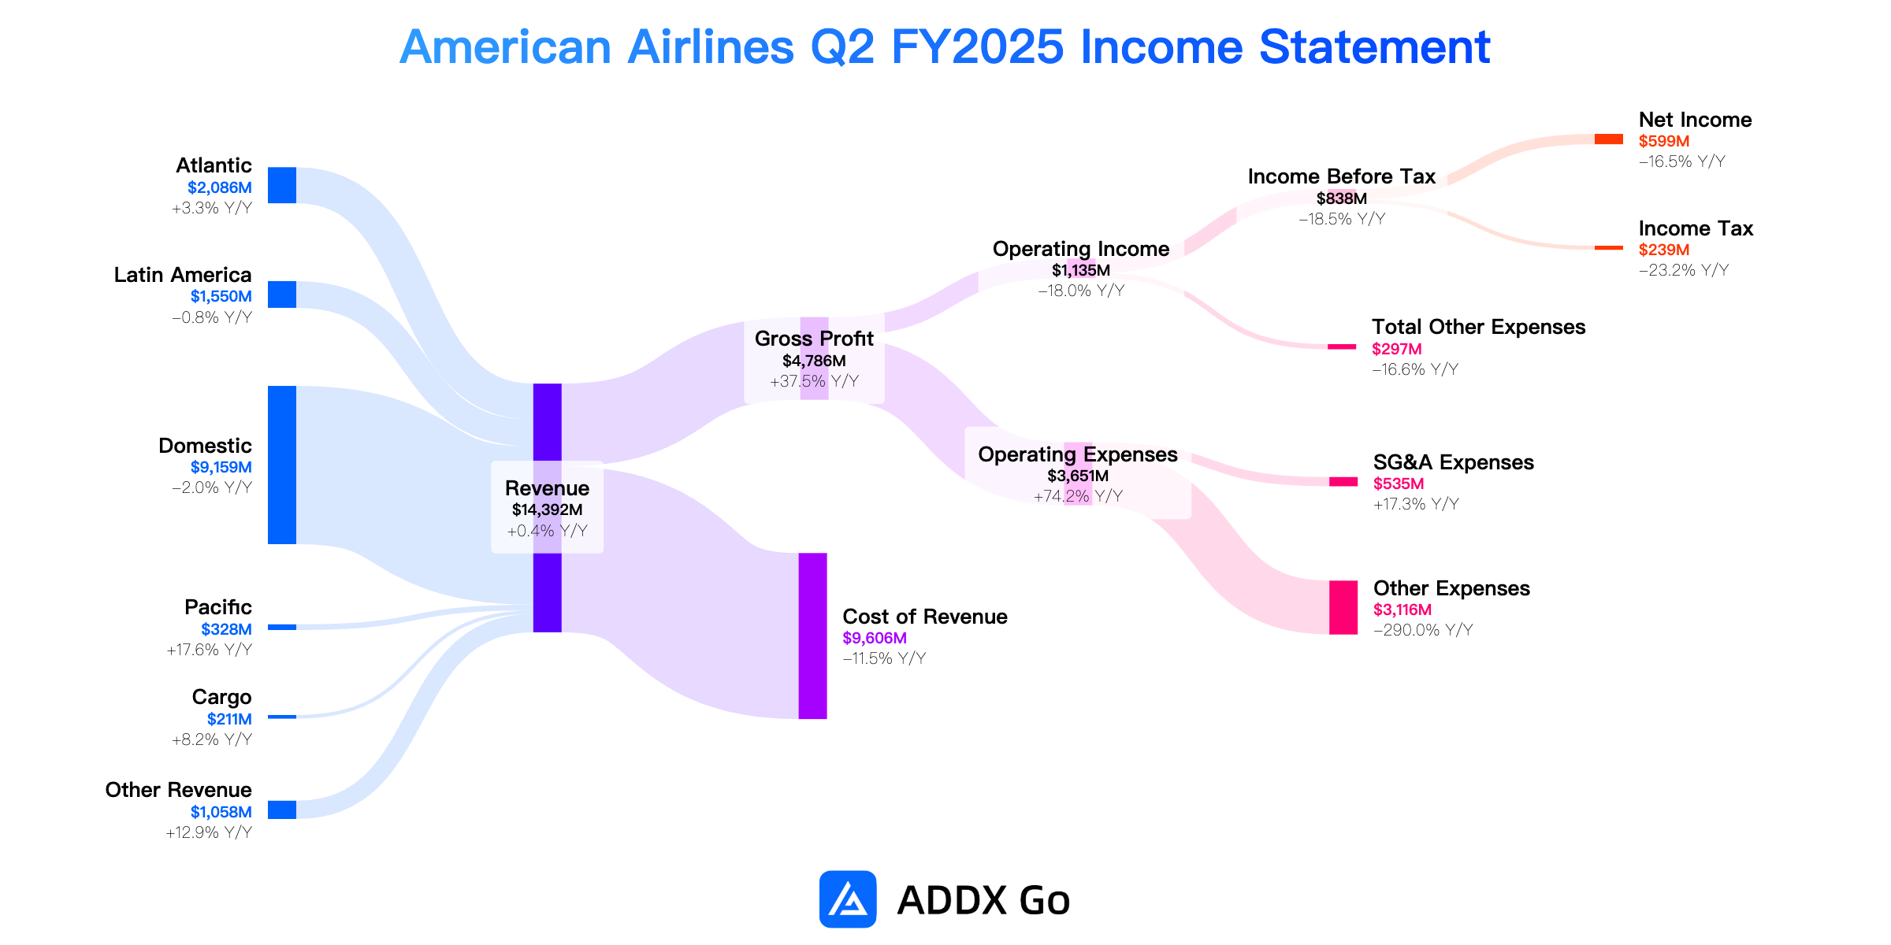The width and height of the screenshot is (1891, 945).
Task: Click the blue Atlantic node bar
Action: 282,185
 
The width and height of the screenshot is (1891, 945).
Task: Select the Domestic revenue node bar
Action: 282,465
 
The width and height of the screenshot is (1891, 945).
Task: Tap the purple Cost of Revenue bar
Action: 813,636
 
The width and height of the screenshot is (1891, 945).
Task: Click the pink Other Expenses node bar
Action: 1343,607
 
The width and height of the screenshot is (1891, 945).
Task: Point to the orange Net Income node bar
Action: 1609,139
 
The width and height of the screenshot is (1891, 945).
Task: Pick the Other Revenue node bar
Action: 282,810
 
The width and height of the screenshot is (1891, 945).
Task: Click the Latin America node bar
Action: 282,295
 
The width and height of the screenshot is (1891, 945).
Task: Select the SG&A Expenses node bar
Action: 1343,482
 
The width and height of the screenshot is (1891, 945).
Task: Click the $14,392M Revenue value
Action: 548,510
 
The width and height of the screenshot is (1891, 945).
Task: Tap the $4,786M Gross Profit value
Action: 814,361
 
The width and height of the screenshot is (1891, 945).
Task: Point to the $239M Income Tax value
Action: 1664,250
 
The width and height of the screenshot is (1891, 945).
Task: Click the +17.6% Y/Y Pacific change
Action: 210,650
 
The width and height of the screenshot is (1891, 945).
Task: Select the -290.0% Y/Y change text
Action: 1423,630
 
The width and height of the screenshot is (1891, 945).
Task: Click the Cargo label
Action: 222,697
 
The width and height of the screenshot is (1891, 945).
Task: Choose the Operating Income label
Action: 1081,249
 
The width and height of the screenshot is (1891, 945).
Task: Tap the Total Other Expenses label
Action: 1479,327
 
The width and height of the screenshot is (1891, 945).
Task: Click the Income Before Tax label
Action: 1342,176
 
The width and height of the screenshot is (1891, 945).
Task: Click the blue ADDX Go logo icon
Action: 848,899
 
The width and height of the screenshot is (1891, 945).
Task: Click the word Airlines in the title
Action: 711,46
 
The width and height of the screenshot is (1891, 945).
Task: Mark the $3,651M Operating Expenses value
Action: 1078,476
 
